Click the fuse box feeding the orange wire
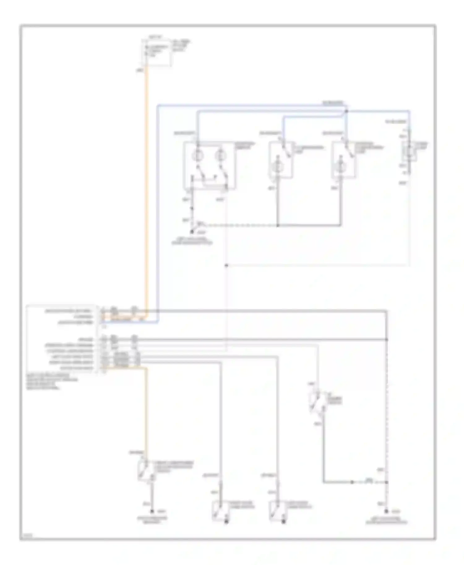coord(159,53)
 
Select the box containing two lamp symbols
coord(210,165)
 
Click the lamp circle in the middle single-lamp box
coord(277,167)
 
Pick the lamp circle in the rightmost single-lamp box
coord(341,167)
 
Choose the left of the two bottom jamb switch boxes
coord(220,511)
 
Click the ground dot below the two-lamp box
coord(192,231)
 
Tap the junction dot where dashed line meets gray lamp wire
coord(278,226)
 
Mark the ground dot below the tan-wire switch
coord(152,512)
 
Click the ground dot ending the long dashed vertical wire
coord(386,512)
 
